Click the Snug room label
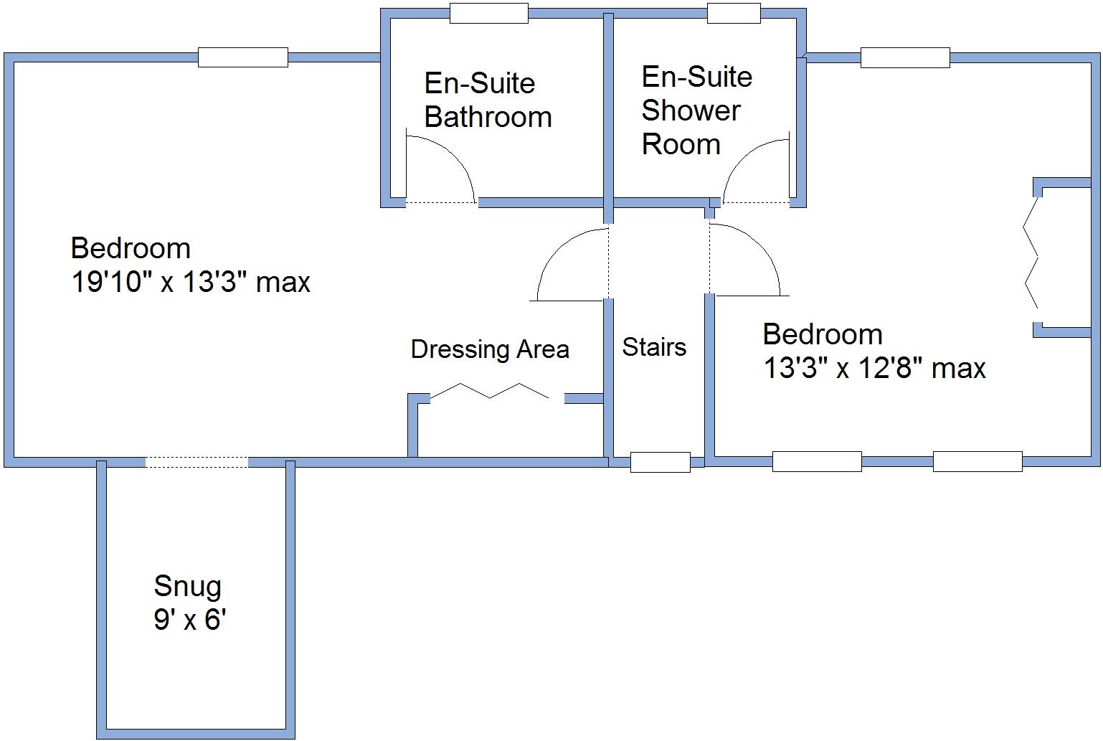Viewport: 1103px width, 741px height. pos(187,586)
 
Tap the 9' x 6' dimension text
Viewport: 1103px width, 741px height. pos(189,619)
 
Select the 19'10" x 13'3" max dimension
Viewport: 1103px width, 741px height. pos(190,282)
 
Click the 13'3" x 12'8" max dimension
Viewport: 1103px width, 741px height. pos(874,368)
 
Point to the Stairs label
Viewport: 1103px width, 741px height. pos(653,347)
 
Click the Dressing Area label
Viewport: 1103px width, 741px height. pos(490,349)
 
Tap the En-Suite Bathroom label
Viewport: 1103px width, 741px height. pos(487,100)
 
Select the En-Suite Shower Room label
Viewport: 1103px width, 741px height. pos(696,110)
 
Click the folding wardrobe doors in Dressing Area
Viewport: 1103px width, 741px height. pos(490,392)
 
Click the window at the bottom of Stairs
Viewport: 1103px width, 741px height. pos(660,462)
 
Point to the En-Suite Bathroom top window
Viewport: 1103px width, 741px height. pos(488,13)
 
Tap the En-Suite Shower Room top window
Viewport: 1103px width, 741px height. pos(733,13)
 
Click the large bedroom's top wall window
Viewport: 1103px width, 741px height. pos(242,57)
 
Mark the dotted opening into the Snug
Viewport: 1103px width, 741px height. pos(197,462)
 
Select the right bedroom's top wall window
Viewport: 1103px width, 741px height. pos(904,57)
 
